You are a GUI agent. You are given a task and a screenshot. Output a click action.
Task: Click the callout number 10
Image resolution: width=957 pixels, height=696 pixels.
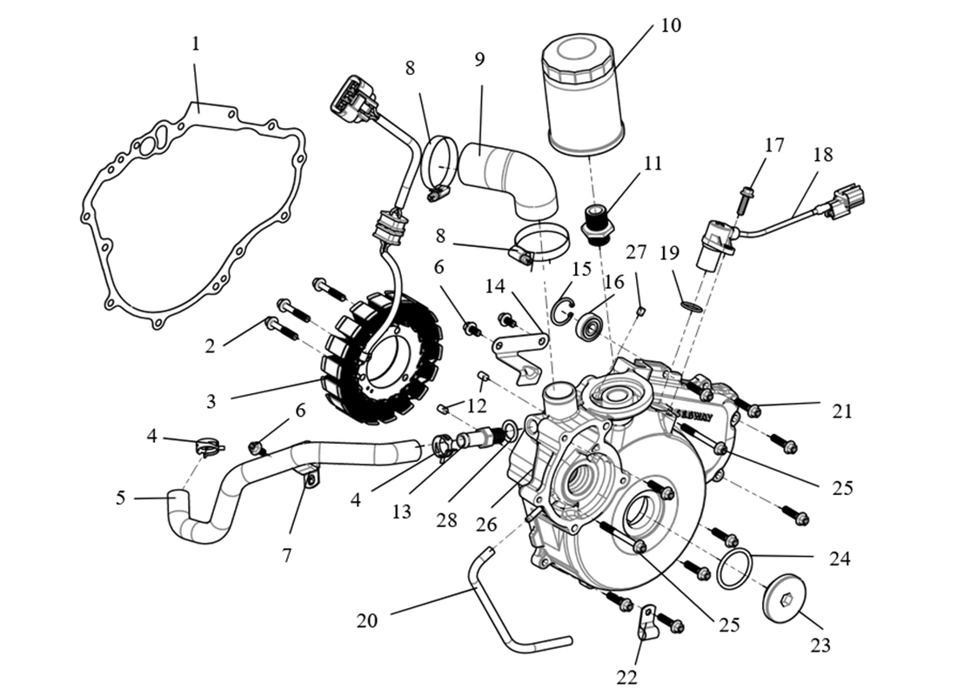click(x=670, y=25)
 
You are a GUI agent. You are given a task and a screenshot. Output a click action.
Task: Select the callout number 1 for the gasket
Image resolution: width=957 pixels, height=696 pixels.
click(x=196, y=43)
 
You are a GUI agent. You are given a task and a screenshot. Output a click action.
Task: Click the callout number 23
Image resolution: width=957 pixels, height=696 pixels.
click(x=820, y=645)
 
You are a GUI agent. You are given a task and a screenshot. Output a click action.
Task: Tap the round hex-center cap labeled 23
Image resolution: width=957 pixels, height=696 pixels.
click(x=783, y=598)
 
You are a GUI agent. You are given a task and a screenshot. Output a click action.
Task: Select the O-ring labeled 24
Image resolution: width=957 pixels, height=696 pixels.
click(x=735, y=569)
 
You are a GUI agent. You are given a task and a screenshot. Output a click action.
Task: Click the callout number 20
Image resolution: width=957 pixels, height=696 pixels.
click(x=368, y=621)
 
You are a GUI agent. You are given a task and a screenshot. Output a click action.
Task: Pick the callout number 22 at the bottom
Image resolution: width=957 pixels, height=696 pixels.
click(x=627, y=677)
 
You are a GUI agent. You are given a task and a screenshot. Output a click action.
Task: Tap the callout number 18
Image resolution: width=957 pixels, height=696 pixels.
click(x=822, y=155)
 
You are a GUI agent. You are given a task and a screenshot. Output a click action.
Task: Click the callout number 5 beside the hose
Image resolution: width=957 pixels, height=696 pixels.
click(x=121, y=499)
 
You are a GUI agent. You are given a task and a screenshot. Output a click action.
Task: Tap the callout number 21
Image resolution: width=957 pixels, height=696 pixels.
click(x=841, y=411)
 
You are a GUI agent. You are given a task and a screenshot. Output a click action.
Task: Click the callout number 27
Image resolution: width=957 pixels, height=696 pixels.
click(x=636, y=252)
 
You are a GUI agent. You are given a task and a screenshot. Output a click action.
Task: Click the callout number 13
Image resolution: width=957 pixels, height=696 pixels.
click(x=401, y=512)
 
